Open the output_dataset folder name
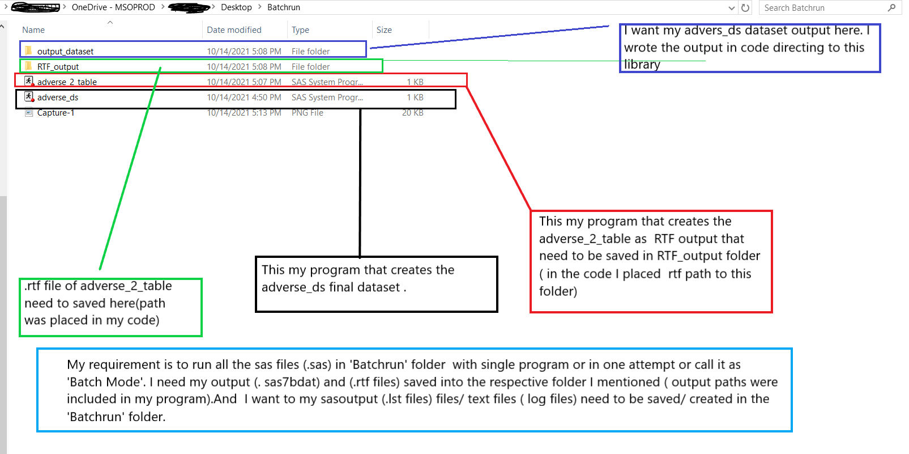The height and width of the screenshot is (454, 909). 65,52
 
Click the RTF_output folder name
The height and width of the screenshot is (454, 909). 58,67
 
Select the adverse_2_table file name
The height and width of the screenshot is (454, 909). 67,82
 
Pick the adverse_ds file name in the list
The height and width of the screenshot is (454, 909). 58,97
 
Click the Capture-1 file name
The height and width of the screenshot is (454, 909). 56,113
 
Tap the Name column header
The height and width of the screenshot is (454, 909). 33,30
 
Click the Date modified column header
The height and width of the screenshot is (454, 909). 234,30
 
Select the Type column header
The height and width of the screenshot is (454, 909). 300,30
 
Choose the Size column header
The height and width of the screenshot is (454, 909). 384,30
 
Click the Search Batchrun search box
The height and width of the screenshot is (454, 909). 824,8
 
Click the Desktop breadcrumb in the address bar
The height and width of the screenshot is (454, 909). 236,7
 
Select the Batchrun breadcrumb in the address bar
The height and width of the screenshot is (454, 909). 284,7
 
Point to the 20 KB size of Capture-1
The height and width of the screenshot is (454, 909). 413,113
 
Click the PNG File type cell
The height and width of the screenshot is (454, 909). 308,113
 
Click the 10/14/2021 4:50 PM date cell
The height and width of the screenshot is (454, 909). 244,97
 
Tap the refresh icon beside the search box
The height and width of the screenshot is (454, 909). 745,8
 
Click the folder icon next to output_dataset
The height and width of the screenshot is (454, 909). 28,51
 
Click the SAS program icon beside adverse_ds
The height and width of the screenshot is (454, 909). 29,97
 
